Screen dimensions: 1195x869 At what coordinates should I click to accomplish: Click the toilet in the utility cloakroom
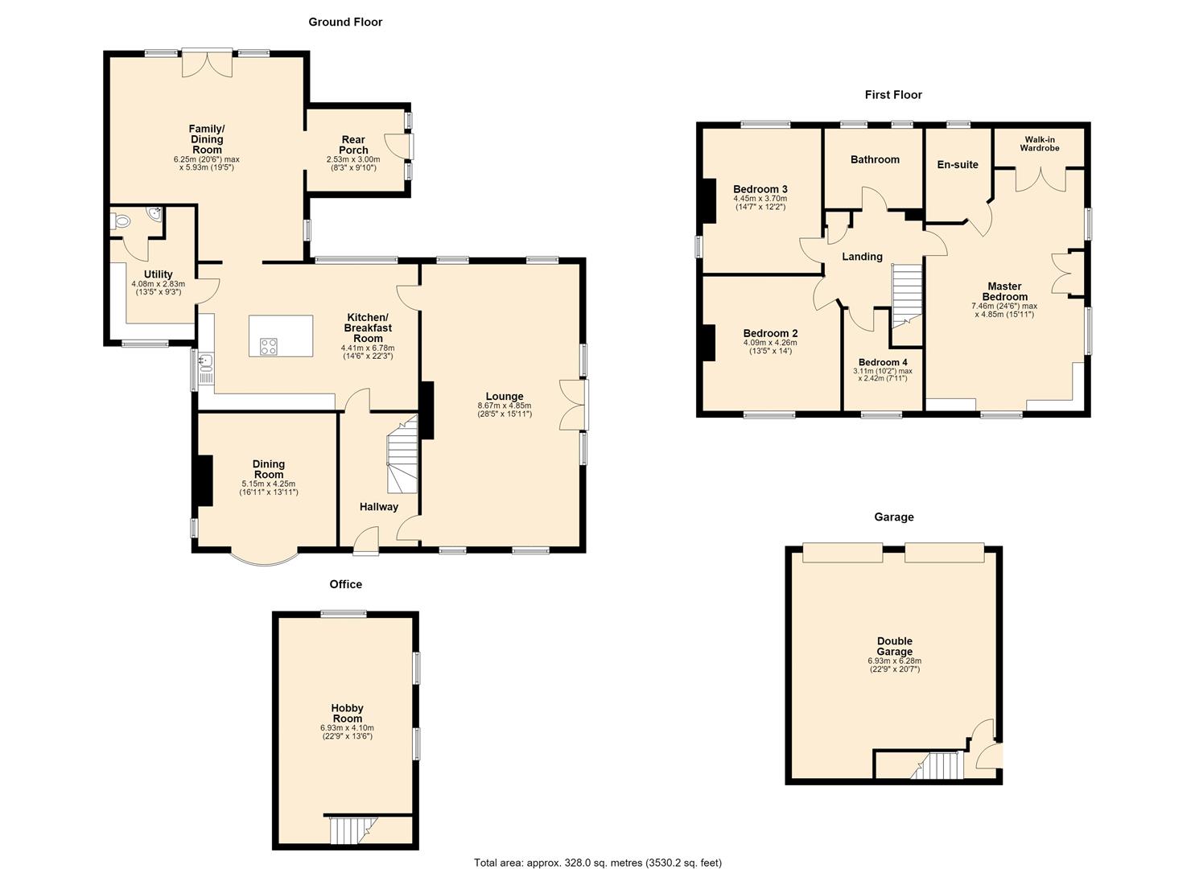(x=121, y=220)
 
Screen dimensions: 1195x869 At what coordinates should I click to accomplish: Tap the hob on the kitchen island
(x=268, y=346)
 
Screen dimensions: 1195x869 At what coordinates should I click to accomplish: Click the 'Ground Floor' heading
(x=345, y=22)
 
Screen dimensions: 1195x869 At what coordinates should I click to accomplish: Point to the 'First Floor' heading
(x=893, y=95)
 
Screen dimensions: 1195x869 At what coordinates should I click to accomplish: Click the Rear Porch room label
(x=353, y=145)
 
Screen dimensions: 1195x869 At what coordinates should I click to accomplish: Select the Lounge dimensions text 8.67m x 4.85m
(x=504, y=406)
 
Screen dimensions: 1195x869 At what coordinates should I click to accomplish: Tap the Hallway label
(x=379, y=507)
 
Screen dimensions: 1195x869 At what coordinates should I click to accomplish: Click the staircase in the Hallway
(x=402, y=454)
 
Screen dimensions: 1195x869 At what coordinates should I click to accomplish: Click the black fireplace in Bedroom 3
(x=709, y=200)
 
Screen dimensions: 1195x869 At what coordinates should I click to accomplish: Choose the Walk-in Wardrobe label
(x=1039, y=144)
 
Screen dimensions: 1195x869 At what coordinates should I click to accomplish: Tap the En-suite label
(x=958, y=165)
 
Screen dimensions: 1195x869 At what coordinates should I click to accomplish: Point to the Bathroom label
(x=875, y=159)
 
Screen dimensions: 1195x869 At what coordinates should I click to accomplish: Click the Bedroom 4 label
(x=883, y=362)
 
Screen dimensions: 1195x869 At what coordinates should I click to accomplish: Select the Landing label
(x=862, y=257)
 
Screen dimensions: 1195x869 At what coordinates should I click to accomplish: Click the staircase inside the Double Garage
(x=937, y=765)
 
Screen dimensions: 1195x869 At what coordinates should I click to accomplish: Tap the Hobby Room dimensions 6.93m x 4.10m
(x=347, y=727)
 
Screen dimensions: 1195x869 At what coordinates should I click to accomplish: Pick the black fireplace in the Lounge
(x=426, y=410)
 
